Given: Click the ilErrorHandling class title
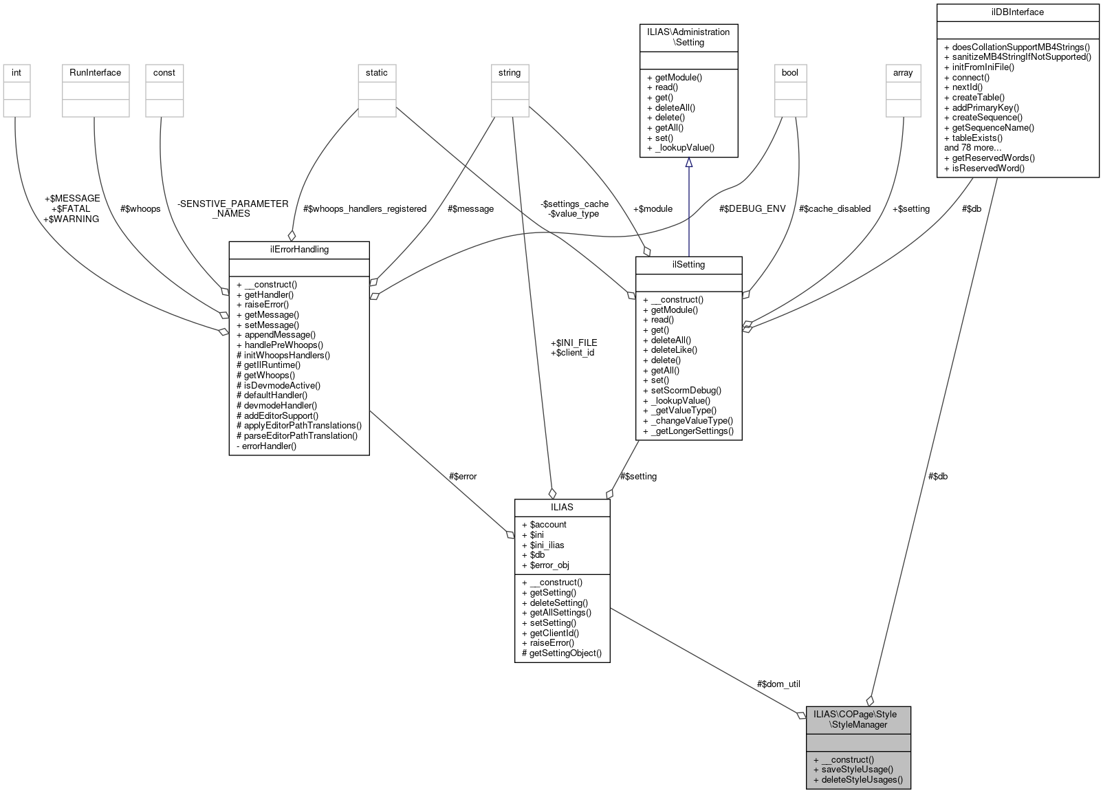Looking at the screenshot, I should pyautogui.click(x=299, y=250).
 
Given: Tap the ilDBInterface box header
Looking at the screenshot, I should pyautogui.click(x=1018, y=12).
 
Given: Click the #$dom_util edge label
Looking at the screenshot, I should pyautogui.click(x=778, y=684).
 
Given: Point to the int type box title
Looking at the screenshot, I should pyautogui.click(x=17, y=73).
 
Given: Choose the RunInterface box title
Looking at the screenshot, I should pyautogui.click(x=95, y=73).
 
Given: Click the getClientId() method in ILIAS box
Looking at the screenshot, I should pyautogui.click(x=554, y=633).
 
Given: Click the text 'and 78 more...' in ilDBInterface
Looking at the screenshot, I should pyautogui.click(x=972, y=148).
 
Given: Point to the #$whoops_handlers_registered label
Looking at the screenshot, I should pyautogui.click(x=364, y=209).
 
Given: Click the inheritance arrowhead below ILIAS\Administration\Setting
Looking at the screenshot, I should pyautogui.click(x=688, y=162).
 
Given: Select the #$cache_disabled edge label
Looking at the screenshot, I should pyautogui.click(x=834, y=209).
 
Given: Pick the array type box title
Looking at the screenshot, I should pyautogui.click(x=903, y=73).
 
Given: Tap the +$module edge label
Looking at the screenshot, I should pyautogui.click(x=653, y=209).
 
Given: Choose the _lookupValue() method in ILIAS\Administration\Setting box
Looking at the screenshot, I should pyautogui.click(x=684, y=148).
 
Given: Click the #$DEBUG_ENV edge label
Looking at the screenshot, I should pyautogui.click(x=752, y=209).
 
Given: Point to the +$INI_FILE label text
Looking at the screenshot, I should pyautogui.click(x=574, y=343).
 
